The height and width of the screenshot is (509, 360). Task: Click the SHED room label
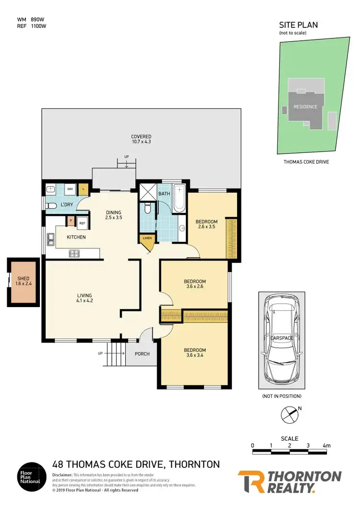pos(23,281)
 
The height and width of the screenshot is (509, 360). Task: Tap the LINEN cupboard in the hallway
pos(146,238)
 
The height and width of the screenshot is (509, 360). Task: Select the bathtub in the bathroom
pos(179,198)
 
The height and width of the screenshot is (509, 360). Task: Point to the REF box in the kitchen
pos(82,223)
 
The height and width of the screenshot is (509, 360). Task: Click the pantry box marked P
pos(71,221)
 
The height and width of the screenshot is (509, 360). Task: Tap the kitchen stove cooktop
pos(74,253)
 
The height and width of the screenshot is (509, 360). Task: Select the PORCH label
pos(142,354)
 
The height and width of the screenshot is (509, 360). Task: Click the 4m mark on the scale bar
pos(326,446)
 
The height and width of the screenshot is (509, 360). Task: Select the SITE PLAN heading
pos(299,25)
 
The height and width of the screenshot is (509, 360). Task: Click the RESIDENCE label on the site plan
pos(305,107)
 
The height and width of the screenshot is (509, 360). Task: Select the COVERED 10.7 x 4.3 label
pos(141,139)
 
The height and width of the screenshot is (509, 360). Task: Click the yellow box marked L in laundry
pos(83,189)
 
